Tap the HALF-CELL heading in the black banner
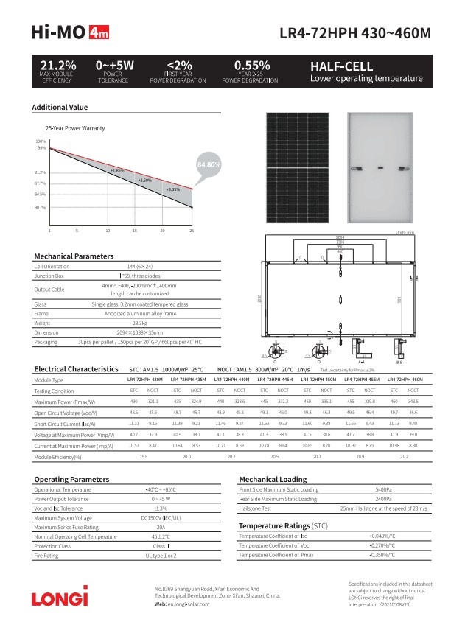coord(341,66)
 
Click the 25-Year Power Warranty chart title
coord(75,127)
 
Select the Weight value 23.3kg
coord(139,322)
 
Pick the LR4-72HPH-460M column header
coord(404,379)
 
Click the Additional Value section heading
coord(60,108)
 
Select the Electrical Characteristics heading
coord(76,368)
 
